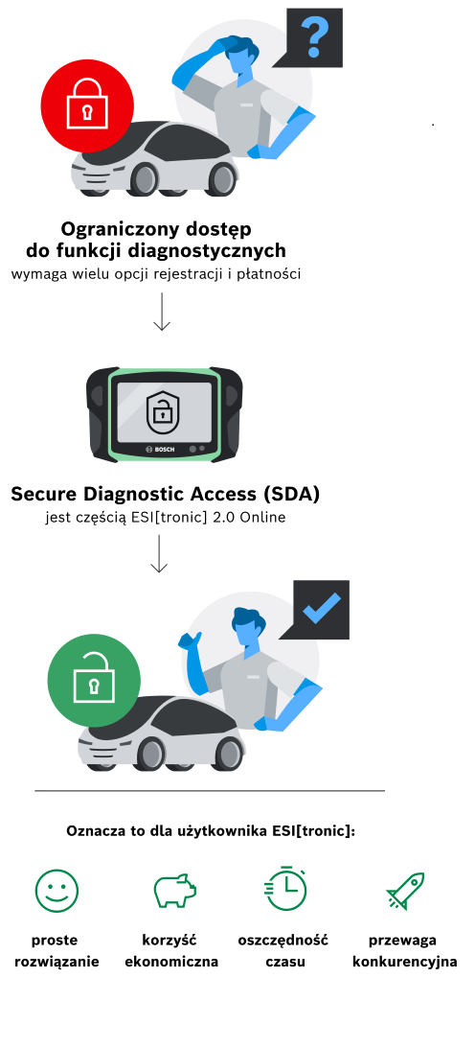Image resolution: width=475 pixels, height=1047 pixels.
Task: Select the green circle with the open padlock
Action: point(94,681)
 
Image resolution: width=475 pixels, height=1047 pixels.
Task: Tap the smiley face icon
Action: point(57,891)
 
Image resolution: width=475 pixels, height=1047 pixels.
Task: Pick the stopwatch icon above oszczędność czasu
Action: point(285,888)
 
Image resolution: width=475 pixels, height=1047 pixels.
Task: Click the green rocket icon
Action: point(406,891)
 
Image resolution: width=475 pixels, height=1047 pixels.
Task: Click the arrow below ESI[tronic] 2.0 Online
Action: point(159,553)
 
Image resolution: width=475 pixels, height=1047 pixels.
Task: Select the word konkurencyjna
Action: point(405,963)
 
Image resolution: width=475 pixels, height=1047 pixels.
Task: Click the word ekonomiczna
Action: point(171,963)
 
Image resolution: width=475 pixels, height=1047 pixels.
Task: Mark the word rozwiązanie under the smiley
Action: point(57,963)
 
